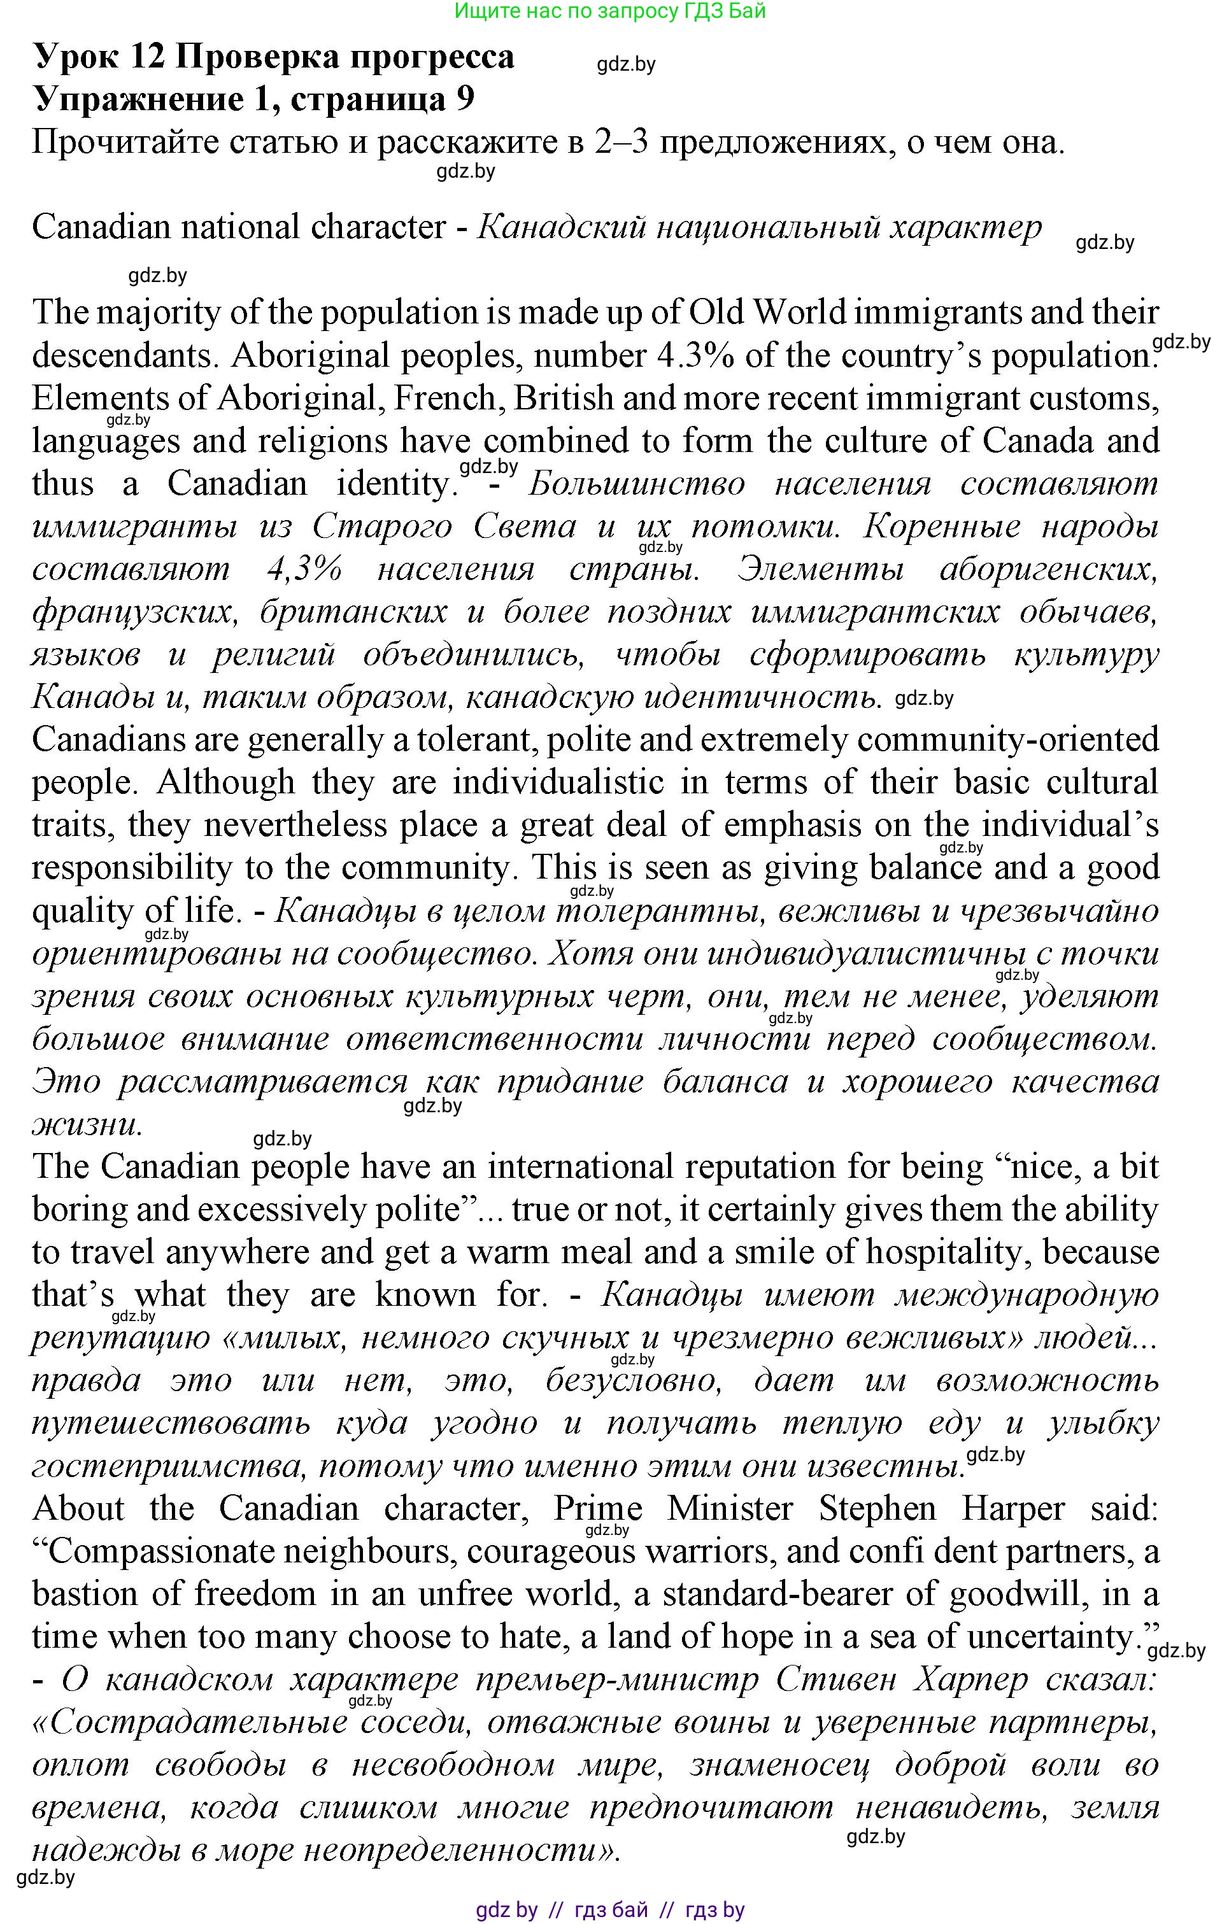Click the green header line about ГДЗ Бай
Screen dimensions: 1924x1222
tap(610, 11)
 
